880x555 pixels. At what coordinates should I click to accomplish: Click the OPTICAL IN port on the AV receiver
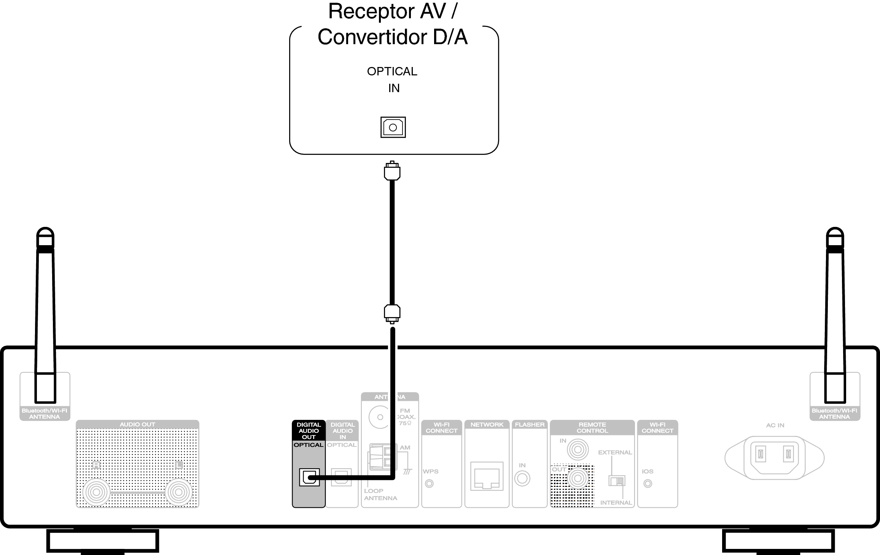pyautogui.click(x=393, y=127)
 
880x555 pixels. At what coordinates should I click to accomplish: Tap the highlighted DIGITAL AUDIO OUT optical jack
pyautogui.click(x=309, y=477)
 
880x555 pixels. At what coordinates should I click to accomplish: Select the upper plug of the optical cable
pyautogui.click(x=392, y=171)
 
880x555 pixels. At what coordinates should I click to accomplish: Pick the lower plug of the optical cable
pyautogui.click(x=392, y=313)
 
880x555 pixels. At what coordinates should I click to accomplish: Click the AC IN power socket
pyautogui.click(x=774, y=458)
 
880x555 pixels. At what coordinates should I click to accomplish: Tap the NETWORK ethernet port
pyautogui.click(x=487, y=476)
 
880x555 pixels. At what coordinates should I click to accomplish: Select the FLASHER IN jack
pyautogui.click(x=522, y=478)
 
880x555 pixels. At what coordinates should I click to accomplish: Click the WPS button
pyautogui.click(x=429, y=483)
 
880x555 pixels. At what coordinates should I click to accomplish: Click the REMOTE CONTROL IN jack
pyautogui.click(x=578, y=450)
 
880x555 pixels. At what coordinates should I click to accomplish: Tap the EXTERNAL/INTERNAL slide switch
pyautogui.click(x=617, y=481)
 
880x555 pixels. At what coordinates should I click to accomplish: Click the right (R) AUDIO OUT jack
pyautogui.click(x=96, y=492)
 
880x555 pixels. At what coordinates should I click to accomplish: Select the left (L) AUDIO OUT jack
pyautogui.click(x=178, y=492)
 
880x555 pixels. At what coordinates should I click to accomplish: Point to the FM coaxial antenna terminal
pyautogui.click(x=379, y=417)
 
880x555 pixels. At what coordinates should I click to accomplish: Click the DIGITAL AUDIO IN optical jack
pyautogui.click(x=341, y=477)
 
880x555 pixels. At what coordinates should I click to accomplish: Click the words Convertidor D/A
pyautogui.click(x=393, y=37)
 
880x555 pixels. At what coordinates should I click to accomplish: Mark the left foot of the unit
pyautogui.click(x=102, y=541)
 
